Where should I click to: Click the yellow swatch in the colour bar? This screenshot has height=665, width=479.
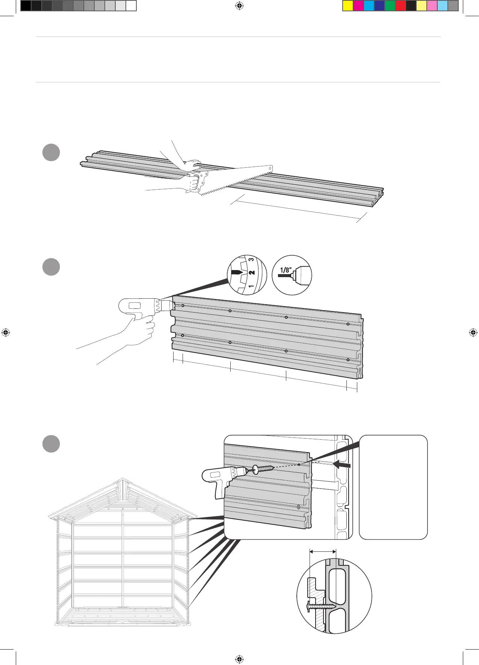click(348, 6)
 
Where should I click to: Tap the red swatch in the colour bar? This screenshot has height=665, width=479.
click(400, 6)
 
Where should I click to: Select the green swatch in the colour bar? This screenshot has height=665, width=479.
click(390, 6)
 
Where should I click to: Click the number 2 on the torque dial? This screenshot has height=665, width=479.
click(252, 272)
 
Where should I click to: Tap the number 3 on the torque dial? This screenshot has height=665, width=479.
click(251, 260)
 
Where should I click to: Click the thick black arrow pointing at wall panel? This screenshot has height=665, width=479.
click(342, 465)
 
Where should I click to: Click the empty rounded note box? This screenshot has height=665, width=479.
click(393, 487)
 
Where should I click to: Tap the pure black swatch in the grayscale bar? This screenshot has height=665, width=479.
click(26, 6)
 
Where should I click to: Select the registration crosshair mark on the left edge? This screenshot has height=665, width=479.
click(5, 332)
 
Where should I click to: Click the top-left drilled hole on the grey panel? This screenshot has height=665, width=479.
click(183, 305)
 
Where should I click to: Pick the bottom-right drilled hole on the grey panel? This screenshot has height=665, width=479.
click(348, 360)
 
